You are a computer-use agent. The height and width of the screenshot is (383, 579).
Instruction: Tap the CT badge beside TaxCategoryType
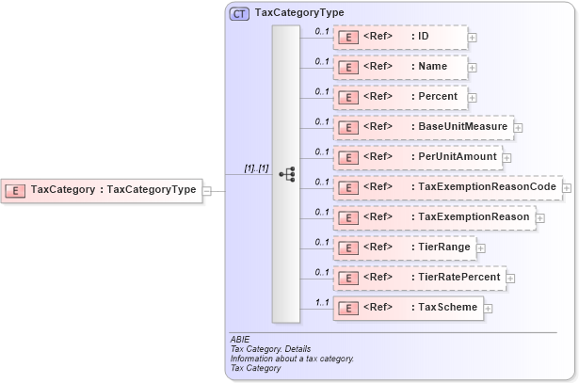click(x=239, y=14)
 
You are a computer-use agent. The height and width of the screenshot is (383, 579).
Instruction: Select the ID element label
click(x=424, y=37)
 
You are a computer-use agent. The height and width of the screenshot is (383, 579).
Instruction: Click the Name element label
click(x=432, y=67)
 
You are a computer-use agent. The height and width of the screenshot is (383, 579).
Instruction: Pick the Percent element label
click(x=438, y=97)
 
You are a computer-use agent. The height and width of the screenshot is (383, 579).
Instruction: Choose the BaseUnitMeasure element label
click(x=462, y=126)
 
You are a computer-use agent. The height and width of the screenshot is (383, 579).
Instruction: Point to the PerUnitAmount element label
click(x=458, y=156)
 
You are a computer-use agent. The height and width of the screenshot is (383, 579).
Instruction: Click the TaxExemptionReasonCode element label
click(x=487, y=186)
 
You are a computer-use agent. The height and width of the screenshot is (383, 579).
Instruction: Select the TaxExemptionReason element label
click(x=474, y=216)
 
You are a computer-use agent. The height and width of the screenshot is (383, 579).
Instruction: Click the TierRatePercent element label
click(x=458, y=277)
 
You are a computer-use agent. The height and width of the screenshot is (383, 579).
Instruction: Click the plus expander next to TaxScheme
click(x=489, y=308)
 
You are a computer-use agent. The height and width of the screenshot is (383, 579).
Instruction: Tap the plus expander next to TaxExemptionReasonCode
click(x=567, y=187)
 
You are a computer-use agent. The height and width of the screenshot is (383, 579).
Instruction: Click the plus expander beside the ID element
click(x=472, y=38)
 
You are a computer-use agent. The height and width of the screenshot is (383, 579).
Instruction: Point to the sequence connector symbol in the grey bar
click(x=288, y=175)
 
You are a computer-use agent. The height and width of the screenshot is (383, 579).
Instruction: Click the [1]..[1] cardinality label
click(x=256, y=168)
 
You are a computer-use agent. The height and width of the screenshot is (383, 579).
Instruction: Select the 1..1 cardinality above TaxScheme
click(x=321, y=302)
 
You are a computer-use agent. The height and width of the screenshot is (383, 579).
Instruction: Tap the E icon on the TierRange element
click(x=347, y=247)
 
